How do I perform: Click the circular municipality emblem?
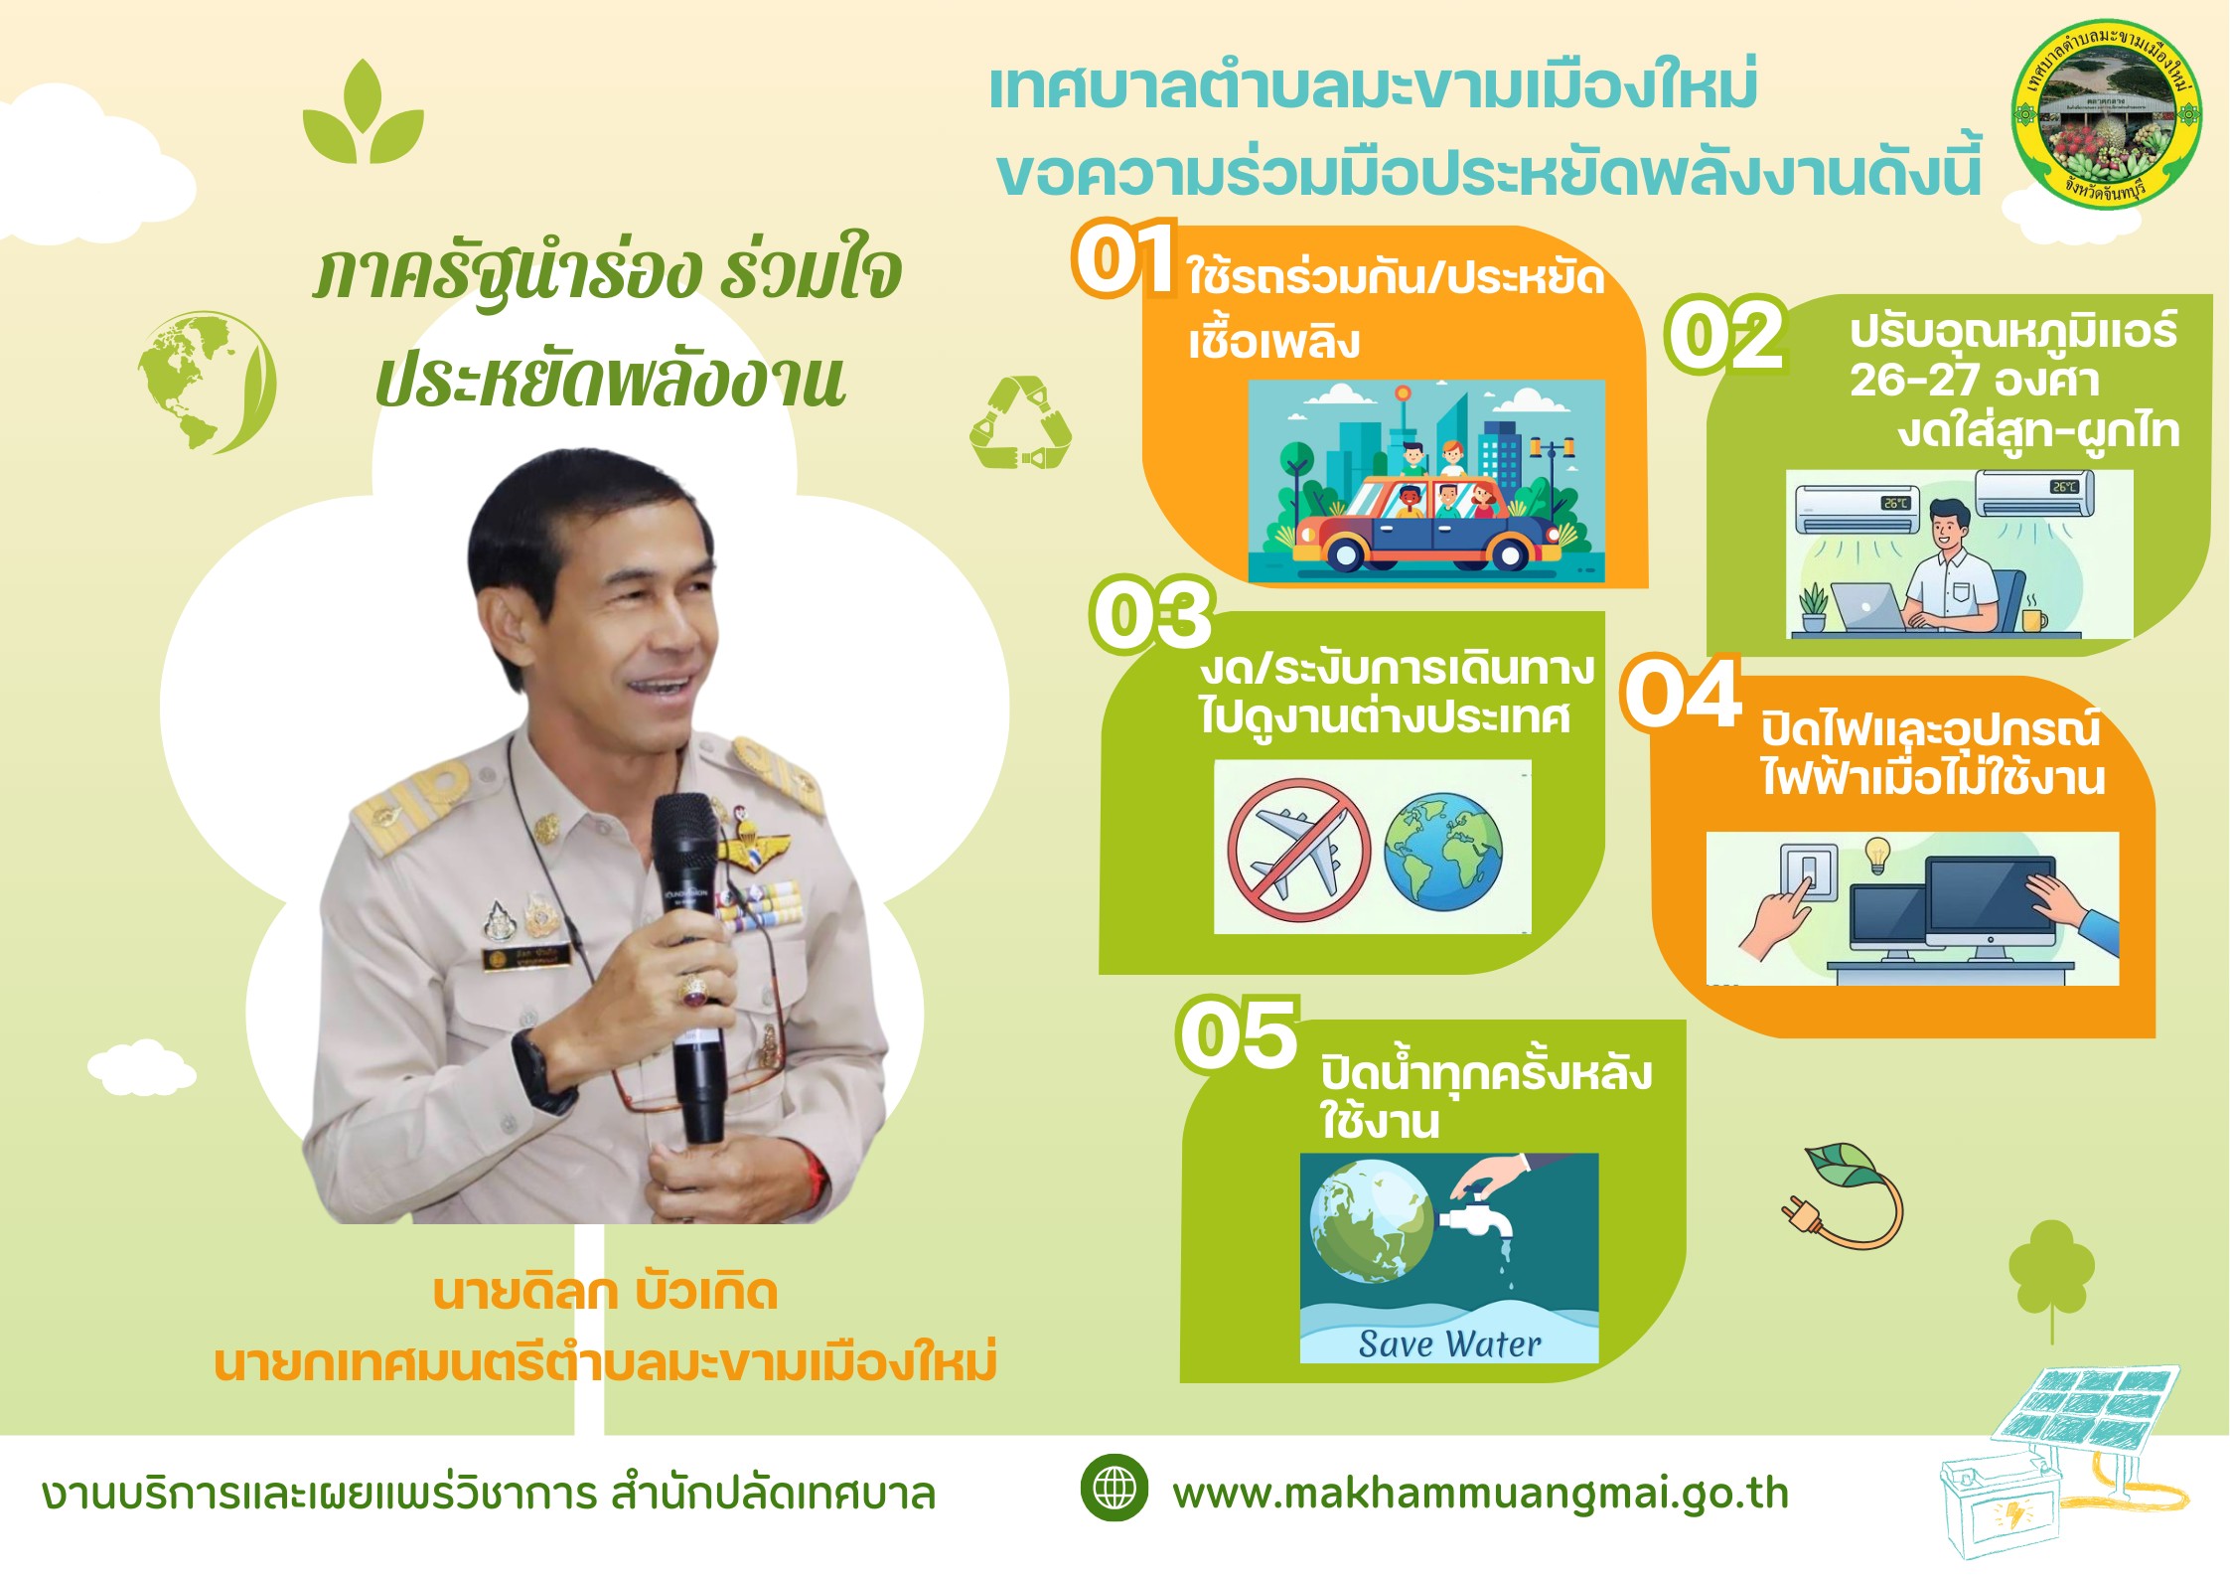(2107, 114)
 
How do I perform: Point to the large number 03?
(1152, 615)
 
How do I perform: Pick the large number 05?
(1239, 1034)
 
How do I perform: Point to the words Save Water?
(1449, 1343)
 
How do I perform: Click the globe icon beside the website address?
(1115, 1488)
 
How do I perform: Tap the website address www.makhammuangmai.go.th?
(1481, 1494)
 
